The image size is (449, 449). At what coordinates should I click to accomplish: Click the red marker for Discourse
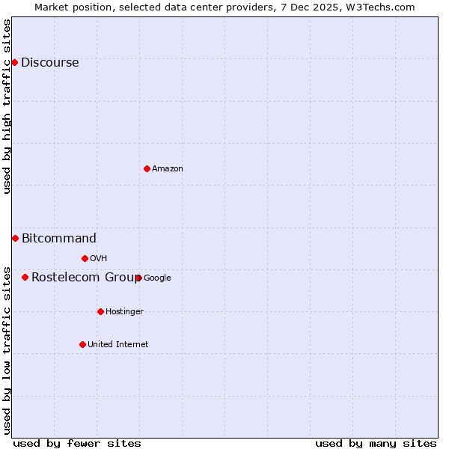pos(15,62)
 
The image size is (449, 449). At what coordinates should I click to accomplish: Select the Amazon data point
pos(147,168)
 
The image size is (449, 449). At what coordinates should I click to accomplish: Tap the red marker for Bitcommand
pos(15,238)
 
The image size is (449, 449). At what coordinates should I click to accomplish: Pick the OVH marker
pos(85,258)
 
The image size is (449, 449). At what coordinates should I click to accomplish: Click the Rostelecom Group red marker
pos(25,277)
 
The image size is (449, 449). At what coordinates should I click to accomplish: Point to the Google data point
pos(138,278)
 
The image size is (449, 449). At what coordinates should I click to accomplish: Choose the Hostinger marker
pos(100,311)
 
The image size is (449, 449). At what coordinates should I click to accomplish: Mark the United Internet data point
pos(82,344)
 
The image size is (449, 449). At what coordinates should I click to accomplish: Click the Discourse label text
pos(49,62)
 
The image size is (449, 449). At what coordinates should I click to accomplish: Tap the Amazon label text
pos(168,168)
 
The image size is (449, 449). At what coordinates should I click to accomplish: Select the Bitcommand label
pos(59,239)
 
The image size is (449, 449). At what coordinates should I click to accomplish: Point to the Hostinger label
pos(124,311)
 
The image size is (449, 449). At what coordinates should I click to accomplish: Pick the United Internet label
pos(117,344)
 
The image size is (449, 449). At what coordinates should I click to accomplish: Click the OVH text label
pos(98,258)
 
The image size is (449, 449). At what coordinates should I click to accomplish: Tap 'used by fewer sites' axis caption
pos(77,443)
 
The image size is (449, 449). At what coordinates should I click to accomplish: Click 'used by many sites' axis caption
pos(376,443)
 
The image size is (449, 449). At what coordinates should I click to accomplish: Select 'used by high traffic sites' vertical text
pos(7,106)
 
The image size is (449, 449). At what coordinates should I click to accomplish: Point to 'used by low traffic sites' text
pos(7,349)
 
